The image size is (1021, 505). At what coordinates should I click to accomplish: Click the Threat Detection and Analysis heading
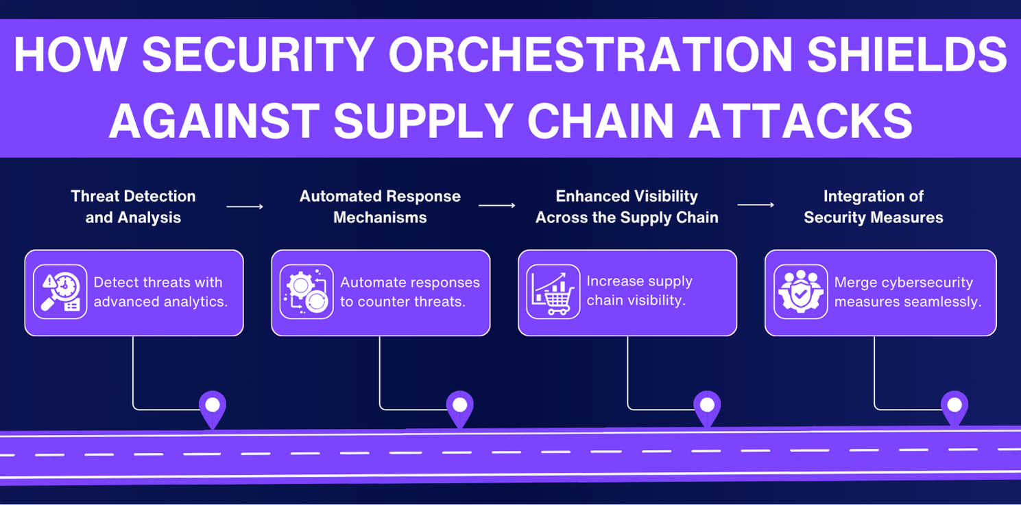(x=133, y=207)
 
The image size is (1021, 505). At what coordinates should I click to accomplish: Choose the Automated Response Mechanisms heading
(x=380, y=207)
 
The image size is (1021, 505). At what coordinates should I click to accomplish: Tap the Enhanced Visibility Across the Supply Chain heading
(x=627, y=207)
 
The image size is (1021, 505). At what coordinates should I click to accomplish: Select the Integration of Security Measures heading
(x=874, y=207)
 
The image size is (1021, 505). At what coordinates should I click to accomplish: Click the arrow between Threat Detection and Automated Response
(x=245, y=206)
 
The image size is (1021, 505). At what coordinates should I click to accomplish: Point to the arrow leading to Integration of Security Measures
(x=756, y=205)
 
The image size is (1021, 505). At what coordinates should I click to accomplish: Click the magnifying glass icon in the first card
(x=60, y=292)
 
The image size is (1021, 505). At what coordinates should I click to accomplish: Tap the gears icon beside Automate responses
(x=307, y=292)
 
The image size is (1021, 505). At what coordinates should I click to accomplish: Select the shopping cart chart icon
(x=553, y=292)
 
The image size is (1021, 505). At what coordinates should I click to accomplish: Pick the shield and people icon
(x=800, y=292)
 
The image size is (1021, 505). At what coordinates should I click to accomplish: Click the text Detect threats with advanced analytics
(x=160, y=292)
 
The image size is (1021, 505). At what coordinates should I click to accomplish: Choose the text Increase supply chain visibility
(x=639, y=291)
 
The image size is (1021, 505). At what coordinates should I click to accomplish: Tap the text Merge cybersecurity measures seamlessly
(x=907, y=292)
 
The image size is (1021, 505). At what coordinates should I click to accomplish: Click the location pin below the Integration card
(x=954, y=407)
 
